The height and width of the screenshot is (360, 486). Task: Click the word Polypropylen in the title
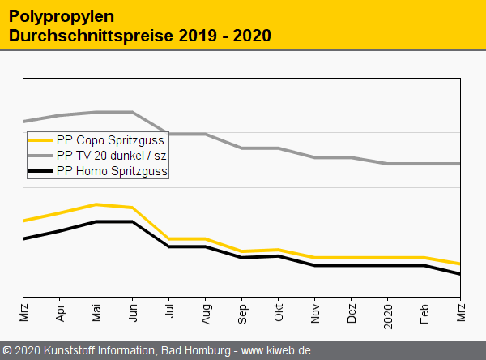62,15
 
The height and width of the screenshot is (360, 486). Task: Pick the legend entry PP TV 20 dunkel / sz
112,155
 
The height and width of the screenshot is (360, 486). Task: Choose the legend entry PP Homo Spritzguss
113,171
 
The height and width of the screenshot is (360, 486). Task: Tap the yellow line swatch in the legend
40,140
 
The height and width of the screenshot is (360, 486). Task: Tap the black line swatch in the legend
40,171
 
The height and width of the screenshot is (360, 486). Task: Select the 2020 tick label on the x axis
388,313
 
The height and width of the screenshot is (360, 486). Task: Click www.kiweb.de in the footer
276,350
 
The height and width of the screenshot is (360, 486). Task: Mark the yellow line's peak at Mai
96,204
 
